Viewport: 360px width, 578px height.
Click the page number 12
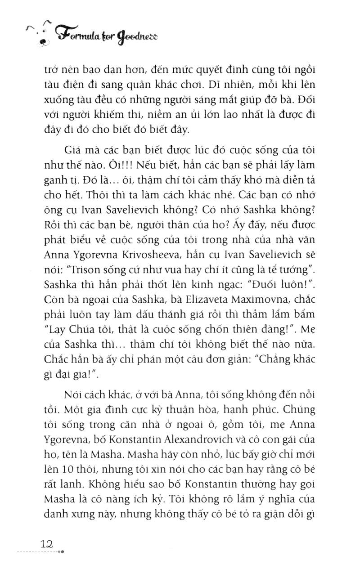tap(46, 544)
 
